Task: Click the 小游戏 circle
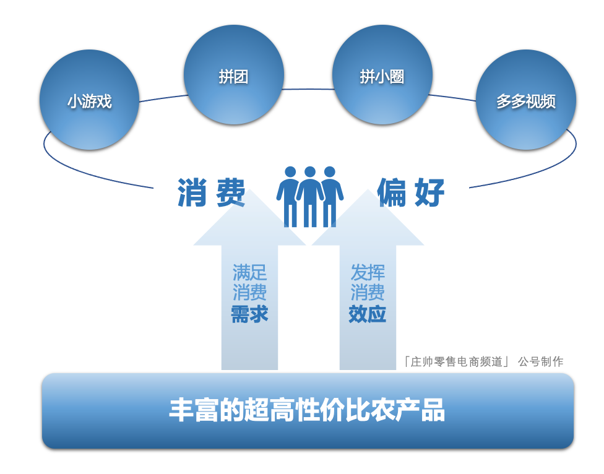tap(89, 100)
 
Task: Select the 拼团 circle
tap(234, 75)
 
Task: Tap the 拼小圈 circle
tap(382, 75)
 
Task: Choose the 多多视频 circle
tap(525, 100)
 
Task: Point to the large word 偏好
tap(411, 193)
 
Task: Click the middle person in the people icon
tap(310, 194)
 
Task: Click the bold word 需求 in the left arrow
tap(249, 314)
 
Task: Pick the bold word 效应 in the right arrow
tap(368, 314)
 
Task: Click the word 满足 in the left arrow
tap(249, 272)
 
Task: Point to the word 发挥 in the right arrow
tap(368, 272)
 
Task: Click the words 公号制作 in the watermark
tap(540, 362)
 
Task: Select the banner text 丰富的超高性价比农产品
tap(307, 411)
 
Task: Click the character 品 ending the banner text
tap(433, 411)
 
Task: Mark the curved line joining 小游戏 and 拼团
tap(162, 98)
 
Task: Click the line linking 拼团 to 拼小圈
tap(308, 89)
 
